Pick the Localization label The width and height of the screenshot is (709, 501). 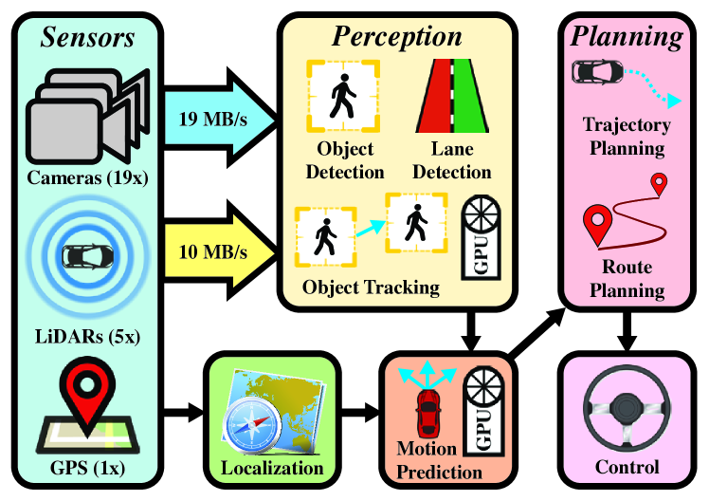coord(272,468)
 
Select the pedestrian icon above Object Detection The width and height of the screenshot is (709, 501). coord(340,96)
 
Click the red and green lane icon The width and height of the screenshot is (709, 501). coord(453,96)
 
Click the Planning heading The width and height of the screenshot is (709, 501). coord(625,38)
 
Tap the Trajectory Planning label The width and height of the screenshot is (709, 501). coord(627,137)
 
